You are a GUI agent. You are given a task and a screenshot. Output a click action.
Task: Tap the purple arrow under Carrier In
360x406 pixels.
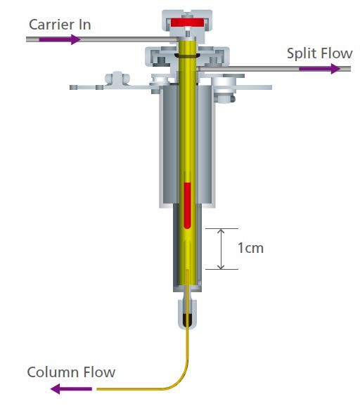coord(60,39)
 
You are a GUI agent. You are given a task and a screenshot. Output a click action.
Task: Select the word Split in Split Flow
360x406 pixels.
coord(302,53)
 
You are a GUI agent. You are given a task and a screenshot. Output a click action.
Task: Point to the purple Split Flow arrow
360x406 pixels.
coord(320,69)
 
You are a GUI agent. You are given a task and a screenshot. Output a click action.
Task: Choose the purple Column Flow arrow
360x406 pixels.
coord(71,389)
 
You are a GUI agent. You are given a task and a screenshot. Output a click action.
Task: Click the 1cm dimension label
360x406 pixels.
coord(250,248)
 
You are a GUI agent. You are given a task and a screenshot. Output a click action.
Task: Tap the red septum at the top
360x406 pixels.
coord(188,22)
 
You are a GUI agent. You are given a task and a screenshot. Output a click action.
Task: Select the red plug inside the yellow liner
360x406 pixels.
coord(187,206)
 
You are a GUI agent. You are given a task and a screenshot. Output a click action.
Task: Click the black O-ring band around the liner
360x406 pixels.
coord(187,55)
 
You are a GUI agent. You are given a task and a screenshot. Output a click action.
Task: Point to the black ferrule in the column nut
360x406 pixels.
coord(187,320)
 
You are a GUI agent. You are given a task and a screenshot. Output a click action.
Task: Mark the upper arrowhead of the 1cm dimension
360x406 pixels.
coord(221,231)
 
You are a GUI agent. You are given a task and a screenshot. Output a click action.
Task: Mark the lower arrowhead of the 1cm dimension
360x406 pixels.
coord(221,267)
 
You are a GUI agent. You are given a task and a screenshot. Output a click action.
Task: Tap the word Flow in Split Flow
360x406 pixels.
coord(336,53)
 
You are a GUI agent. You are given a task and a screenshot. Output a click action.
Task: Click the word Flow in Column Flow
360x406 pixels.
coord(99,372)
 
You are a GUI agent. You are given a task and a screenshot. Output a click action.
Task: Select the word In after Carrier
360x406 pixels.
coord(84,25)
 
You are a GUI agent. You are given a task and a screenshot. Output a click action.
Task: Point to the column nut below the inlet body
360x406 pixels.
coord(187,315)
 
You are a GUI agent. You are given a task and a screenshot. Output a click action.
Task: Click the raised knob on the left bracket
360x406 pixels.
coord(117,78)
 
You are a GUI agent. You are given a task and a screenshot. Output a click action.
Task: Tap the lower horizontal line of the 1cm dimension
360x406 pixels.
coord(221,269)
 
